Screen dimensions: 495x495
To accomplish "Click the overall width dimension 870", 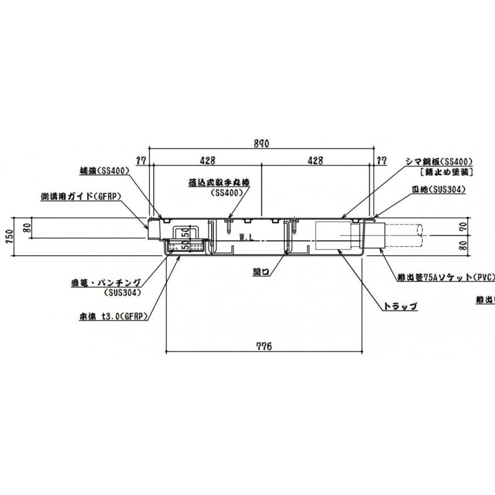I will [x=261, y=144].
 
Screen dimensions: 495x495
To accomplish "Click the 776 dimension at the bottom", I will [x=264, y=346].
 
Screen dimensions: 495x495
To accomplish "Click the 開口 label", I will [x=261, y=272].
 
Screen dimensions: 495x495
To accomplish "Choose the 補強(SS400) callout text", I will [x=105, y=171].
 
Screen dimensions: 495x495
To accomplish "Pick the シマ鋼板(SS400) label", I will [x=439, y=162].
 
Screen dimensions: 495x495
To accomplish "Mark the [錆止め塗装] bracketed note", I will [x=446, y=172].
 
